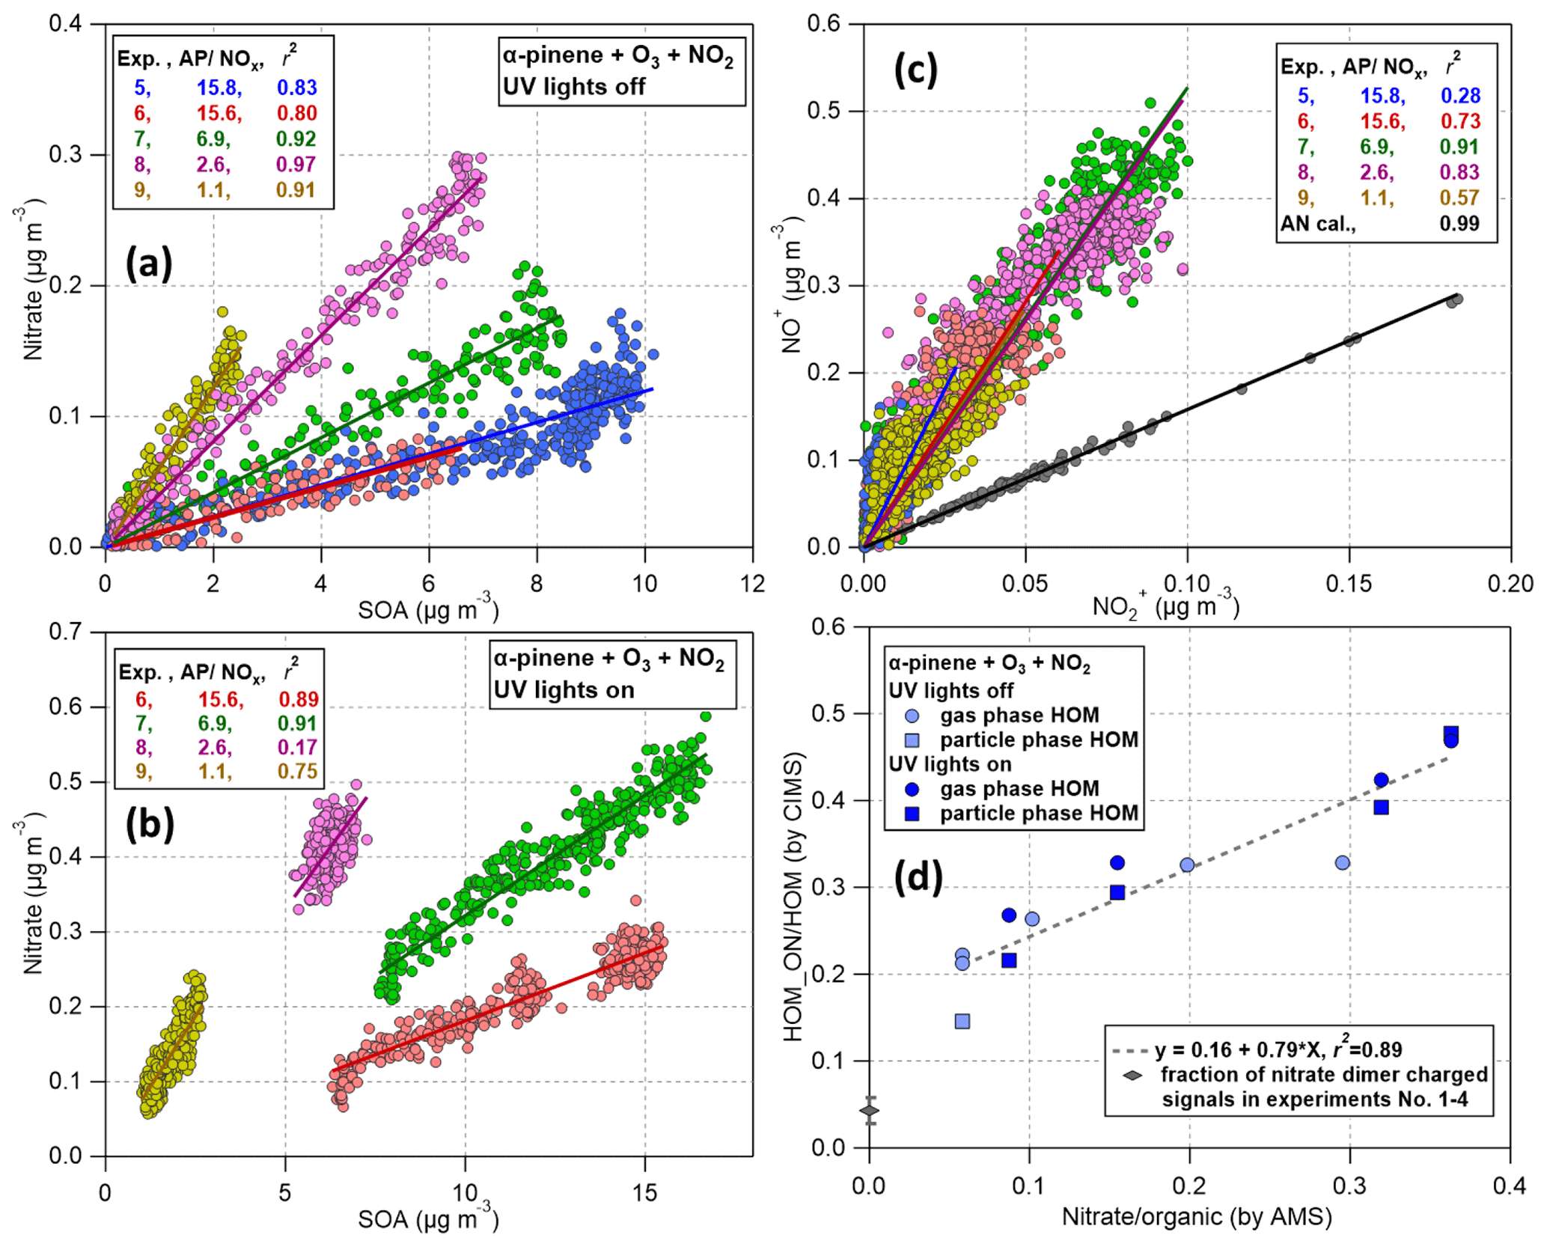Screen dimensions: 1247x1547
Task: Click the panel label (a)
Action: (x=149, y=263)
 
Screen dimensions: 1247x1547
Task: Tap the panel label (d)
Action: (x=918, y=877)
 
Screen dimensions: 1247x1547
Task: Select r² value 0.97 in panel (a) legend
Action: (x=296, y=164)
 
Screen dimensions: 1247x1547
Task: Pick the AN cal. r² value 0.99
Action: (x=1459, y=223)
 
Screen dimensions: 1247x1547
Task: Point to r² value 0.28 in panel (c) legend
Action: (x=1460, y=96)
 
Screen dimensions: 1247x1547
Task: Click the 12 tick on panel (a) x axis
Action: (x=753, y=584)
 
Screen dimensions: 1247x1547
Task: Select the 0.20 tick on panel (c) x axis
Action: (x=1510, y=584)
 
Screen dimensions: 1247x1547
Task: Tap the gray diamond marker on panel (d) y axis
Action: (x=869, y=1111)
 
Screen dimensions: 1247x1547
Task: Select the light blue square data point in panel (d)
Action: (x=962, y=1022)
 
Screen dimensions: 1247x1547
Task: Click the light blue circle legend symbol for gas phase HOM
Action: (x=912, y=716)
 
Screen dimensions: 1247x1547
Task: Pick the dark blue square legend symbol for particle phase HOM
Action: (x=912, y=814)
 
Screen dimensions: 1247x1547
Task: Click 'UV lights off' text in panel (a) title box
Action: (x=574, y=87)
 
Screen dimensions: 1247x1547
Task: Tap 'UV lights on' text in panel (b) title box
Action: (x=564, y=689)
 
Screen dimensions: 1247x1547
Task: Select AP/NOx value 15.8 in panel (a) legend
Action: (x=219, y=88)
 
